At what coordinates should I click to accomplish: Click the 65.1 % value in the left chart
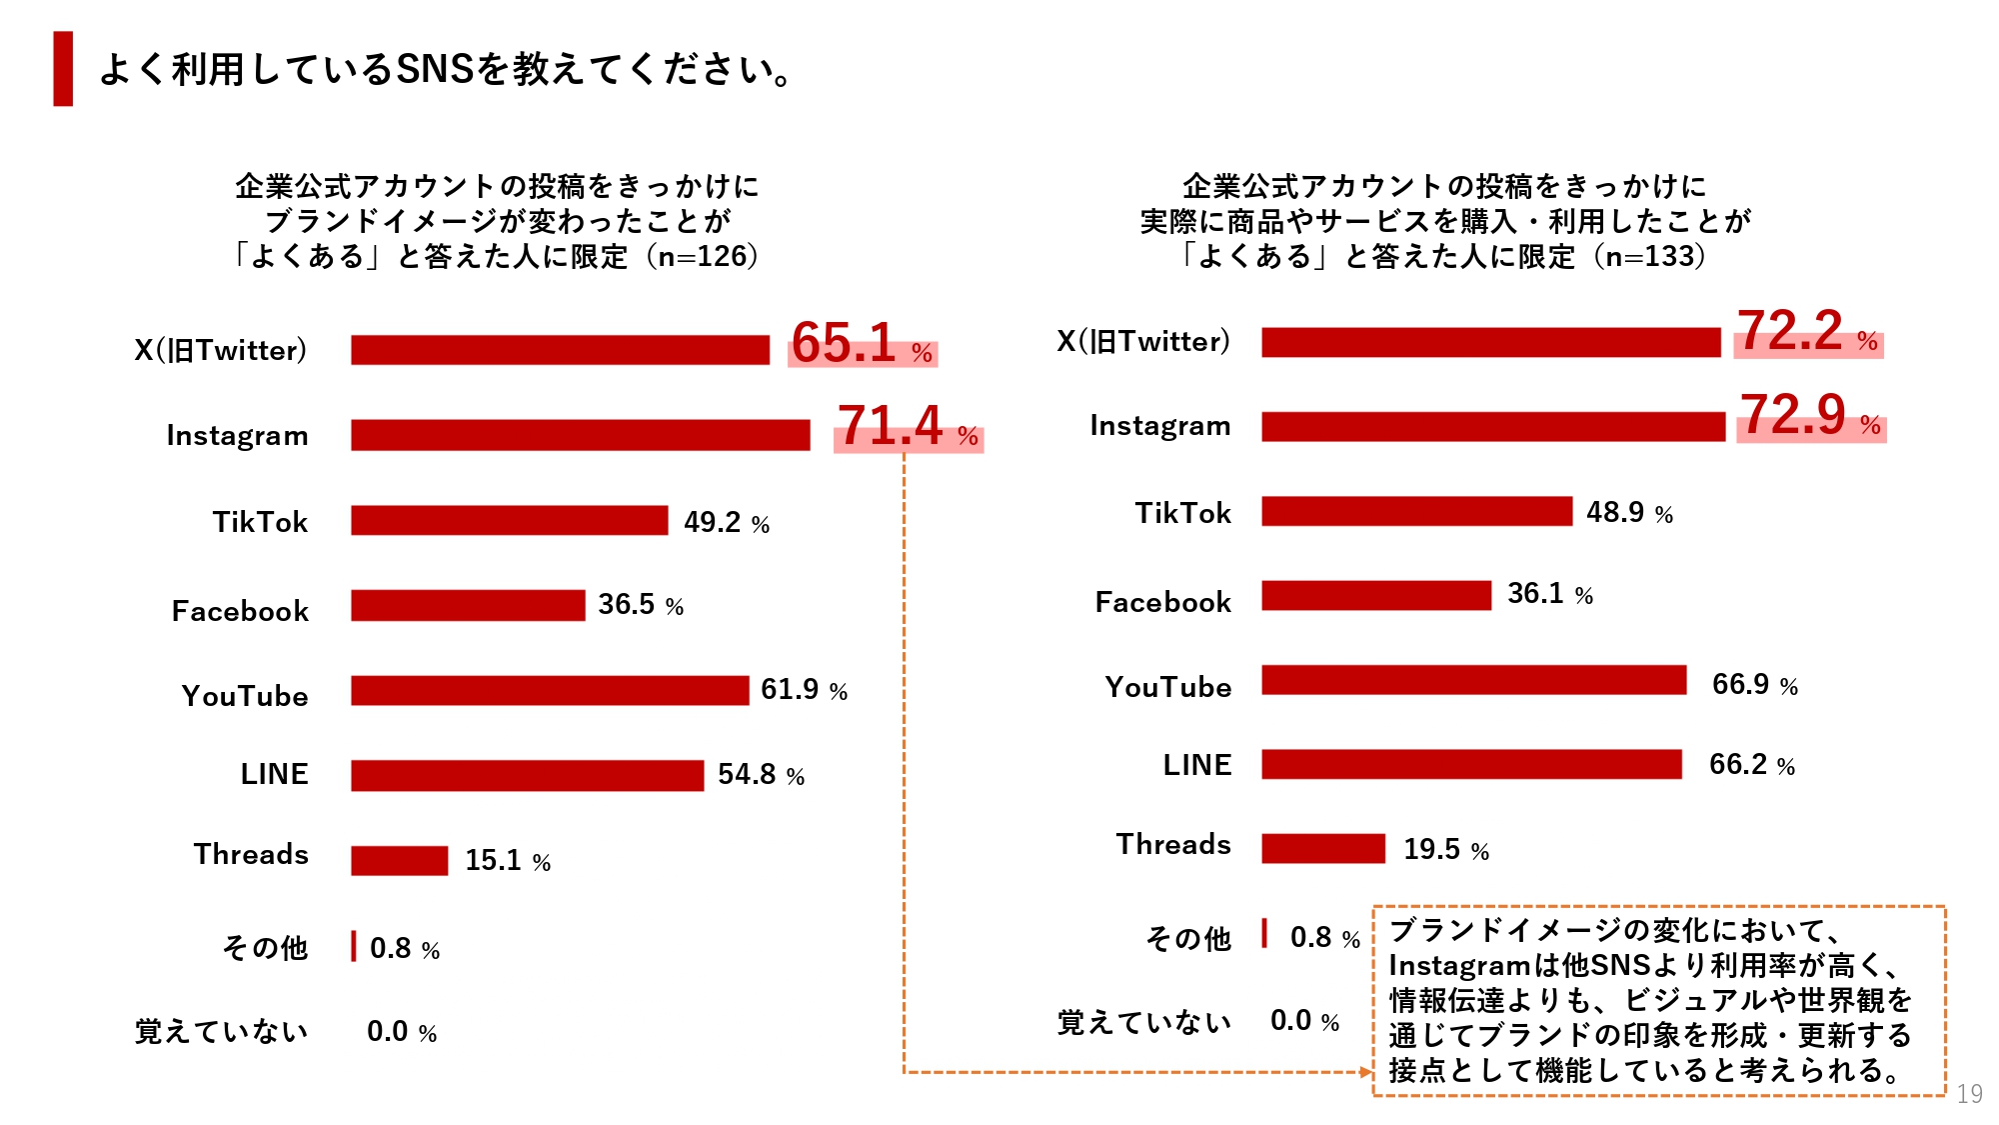tap(862, 343)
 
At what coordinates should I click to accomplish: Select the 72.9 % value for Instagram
tap(1810, 415)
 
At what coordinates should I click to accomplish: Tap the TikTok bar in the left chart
tap(509, 520)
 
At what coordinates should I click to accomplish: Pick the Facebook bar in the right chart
tap(1375, 595)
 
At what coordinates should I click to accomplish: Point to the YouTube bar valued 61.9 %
tap(550, 690)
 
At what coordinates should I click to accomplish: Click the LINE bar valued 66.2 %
tap(1471, 764)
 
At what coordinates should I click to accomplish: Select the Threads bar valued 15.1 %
tap(399, 860)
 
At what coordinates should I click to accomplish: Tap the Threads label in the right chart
tap(1173, 844)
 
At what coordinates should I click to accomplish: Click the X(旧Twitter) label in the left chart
tap(220, 350)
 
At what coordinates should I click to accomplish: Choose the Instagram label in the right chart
tap(1159, 425)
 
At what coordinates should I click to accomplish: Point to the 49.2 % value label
tap(726, 522)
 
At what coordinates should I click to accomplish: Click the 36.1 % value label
tap(1549, 594)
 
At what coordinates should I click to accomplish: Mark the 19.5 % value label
tap(1445, 849)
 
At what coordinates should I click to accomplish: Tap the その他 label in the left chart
tap(265, 947)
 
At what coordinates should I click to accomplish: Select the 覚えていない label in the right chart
tap(1143, 1022)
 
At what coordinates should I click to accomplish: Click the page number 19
tap(1969, 1094)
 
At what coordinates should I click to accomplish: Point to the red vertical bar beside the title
tap(63, 68)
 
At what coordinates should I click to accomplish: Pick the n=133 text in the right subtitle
tap(1649, 256)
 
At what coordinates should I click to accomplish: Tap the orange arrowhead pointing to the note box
tap(1366, 1072)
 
